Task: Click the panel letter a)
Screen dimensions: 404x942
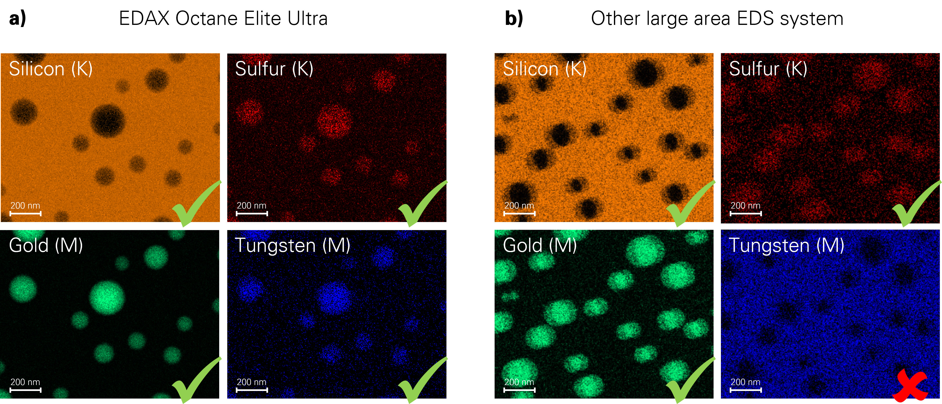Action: coord(18,18)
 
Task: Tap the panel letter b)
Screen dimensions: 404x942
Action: coord(514,18)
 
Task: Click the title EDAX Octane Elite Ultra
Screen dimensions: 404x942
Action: coord(223,18)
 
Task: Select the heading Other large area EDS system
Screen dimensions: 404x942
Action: coord(717,18)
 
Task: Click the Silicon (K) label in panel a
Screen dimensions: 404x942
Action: coord(51,69)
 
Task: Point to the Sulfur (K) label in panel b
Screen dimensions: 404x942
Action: coord(768,69)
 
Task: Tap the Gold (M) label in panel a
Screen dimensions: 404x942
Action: coord(46,245)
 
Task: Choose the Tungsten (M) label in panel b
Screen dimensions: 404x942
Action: coord(786,245)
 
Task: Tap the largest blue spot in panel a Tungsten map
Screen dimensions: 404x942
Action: coord(334,297)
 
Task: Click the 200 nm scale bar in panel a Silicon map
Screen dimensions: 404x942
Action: coord(25,213)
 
